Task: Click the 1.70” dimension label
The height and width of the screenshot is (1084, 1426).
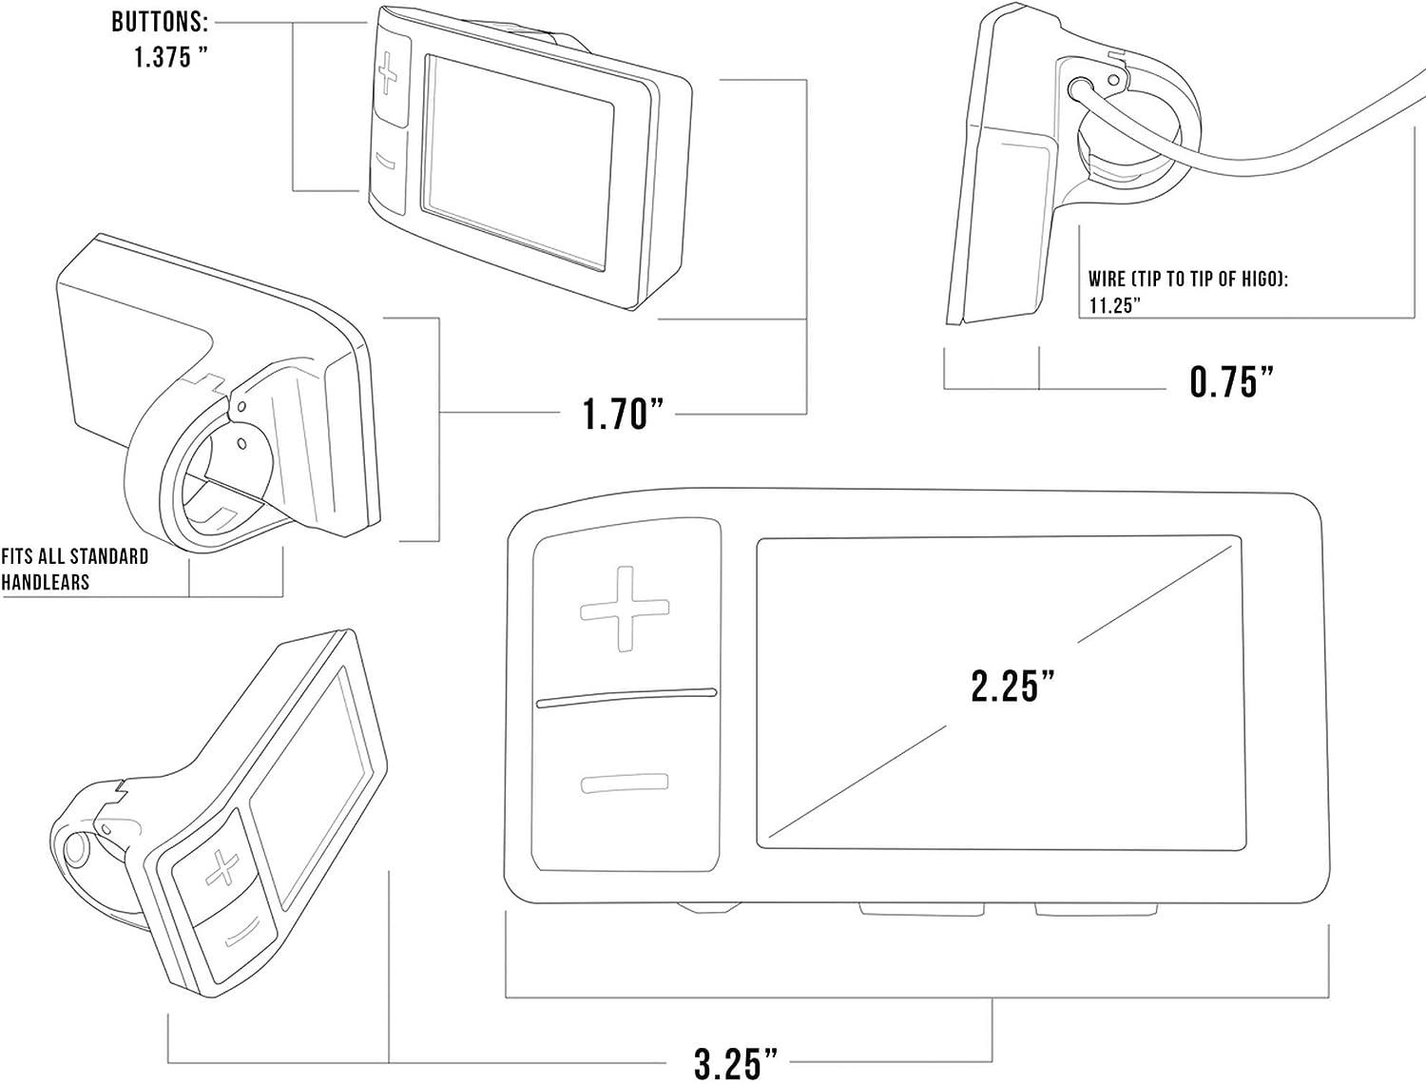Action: coord(622,414)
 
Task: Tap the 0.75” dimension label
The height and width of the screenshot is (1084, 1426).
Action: coord(1230,381)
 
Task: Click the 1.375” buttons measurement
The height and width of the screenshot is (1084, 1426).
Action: coord(170,56)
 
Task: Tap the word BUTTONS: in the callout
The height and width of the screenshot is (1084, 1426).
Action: coord(160,21)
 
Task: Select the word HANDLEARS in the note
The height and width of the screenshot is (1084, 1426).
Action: coord(46,582)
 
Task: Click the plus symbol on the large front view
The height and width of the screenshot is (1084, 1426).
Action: coord(625,609)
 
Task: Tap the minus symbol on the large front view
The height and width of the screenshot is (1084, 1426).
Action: coord(625,784)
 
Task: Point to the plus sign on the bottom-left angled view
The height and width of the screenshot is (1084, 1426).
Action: coord(222,870)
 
